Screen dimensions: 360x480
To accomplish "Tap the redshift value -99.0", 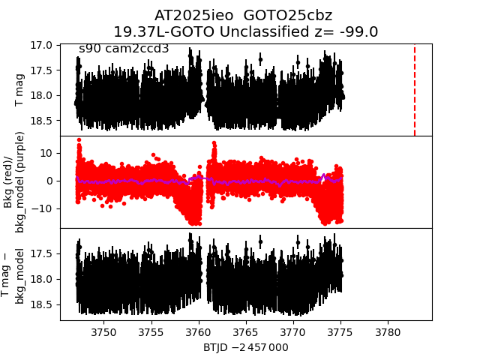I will [358, 31].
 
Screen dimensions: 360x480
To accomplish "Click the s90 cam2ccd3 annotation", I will [124, 49].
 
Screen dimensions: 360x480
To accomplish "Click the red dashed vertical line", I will [415, 90].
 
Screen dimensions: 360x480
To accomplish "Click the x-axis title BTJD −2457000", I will [246, 347].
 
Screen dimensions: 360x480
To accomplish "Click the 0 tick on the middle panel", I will [48, 180].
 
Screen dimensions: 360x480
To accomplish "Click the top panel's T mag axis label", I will [20, 90].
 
